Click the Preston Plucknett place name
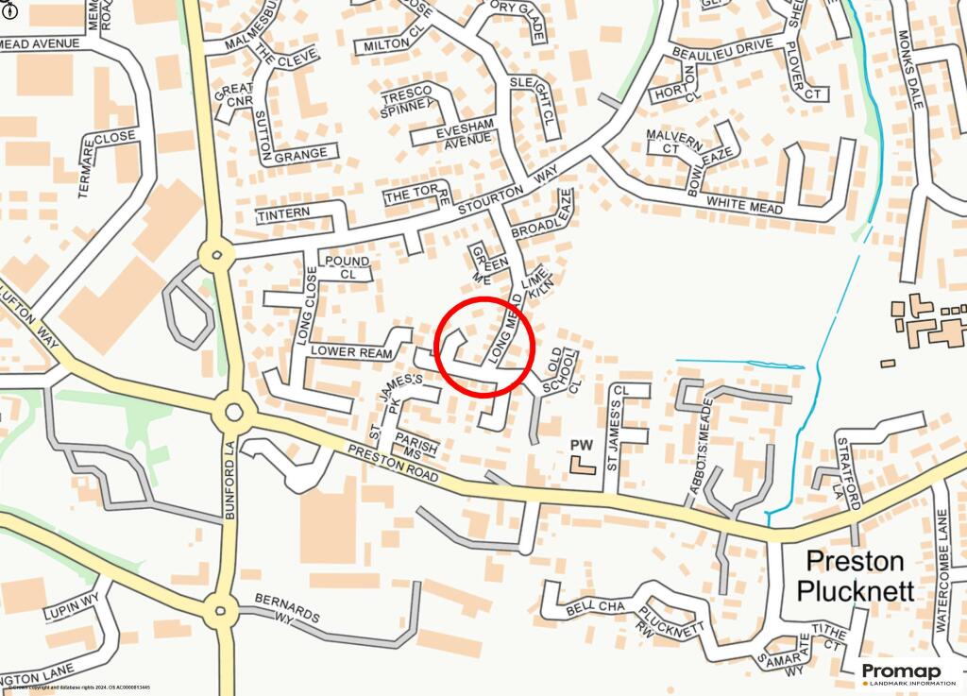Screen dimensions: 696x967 (x=855, y=576)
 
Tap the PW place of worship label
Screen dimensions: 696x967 (x=580, y=444)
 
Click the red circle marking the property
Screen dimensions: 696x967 (x=485, y=346)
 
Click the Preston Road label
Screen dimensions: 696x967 (x=391, y=465)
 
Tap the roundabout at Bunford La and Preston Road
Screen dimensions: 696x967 (x=233, y=413)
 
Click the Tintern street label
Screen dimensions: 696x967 (x=283, y=215)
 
